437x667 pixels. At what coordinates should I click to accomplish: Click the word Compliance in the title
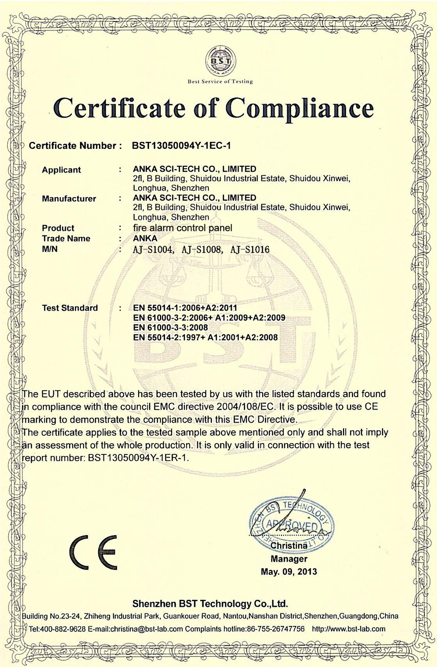pyautogui.click(x=302, y=108)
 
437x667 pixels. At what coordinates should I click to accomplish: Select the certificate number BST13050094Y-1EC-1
pyautogui.click(x=181, y=146)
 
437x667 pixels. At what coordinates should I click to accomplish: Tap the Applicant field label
pyautogui.click(x=61, y=170)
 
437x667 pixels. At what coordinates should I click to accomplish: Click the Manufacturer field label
pyautogui.click(x=69, y=199)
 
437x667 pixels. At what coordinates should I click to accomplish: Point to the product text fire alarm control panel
pyautogui.click(x=182, y=228)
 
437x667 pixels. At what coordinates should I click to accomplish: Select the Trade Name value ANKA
pyautogui.click(x=145, y=238)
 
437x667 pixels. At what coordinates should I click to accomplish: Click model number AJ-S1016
pyautogui.click(x=250, y=250)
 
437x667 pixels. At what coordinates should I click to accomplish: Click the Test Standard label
pyautogui.click(x=69, y=308)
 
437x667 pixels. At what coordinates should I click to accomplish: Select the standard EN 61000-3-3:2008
pyautogui.click(x=170, y=327)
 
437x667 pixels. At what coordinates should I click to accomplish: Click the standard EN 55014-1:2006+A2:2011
pyautogui.click(x=185, y=308)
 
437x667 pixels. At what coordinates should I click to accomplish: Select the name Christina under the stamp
pyautogui.click(x=289, y=546)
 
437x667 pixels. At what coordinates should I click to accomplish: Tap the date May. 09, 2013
pyautogui.click(x=289, y=572)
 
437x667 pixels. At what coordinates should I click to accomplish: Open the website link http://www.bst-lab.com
pyautogui.click(x=348, y=629)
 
